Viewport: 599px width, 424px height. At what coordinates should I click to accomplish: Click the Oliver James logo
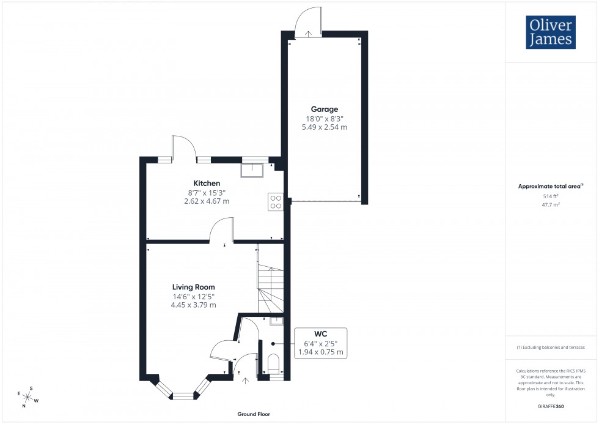551,32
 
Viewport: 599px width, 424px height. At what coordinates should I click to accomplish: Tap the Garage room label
324,110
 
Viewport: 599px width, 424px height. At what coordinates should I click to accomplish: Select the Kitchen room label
207,183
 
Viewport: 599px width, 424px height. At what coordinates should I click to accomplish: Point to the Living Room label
193,287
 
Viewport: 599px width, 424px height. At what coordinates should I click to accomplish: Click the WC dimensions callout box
321,344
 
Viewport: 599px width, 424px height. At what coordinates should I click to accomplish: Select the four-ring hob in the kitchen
276,202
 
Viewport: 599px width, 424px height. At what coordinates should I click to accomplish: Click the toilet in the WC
273,363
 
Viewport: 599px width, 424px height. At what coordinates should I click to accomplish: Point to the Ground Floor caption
254,414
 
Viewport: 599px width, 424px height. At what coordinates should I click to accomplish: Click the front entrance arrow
246,382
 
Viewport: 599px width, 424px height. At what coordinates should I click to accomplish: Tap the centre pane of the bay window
182,396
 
